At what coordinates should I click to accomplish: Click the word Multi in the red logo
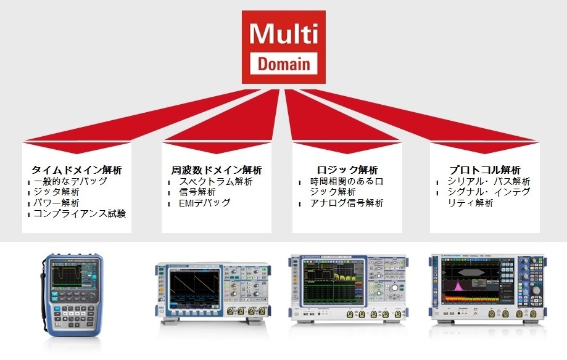284,35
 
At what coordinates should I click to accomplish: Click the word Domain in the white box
284,63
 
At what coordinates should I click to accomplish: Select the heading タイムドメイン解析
77,170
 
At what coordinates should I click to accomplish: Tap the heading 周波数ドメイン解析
217,170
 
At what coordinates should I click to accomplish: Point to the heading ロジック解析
347,170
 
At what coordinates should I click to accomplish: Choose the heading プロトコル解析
485,170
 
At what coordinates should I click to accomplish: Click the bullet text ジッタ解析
56,192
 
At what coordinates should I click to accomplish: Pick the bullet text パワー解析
56,203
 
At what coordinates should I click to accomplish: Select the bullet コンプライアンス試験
79,214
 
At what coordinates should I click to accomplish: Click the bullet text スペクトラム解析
216,181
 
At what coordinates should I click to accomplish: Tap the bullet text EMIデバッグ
204,203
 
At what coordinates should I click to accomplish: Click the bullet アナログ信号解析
346,203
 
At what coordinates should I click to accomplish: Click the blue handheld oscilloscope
73,295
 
